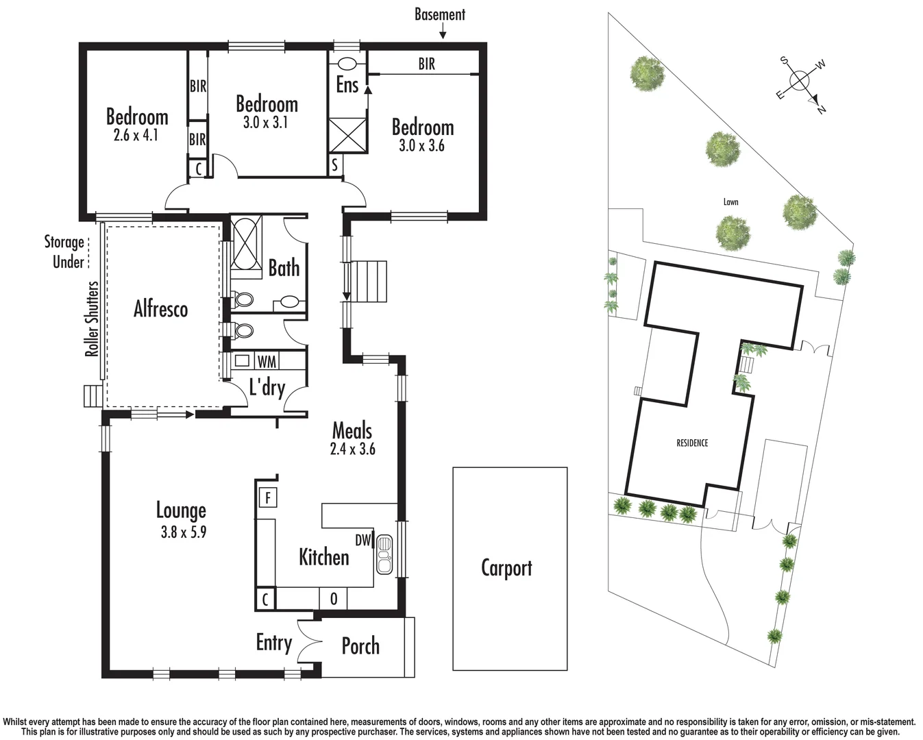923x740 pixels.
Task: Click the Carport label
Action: [x=506, y=568]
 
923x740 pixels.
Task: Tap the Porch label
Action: [x=360, y=646]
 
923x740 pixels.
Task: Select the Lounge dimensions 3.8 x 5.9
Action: [x=183, y=532]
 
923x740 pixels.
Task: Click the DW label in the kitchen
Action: [x=362, y=540]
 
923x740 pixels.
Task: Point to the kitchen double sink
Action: [x=384, y=554]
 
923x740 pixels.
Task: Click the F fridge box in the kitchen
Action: [x=267, y=497]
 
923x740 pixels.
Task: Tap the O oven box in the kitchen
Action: [x=334, y=599]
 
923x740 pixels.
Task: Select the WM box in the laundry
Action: [x=267, y=361]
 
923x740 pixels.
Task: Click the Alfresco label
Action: [x=160, y=309]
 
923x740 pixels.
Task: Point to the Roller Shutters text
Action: [x=92, y=319]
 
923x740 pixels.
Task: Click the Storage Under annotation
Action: [x=65, y=251]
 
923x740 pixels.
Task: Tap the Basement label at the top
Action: [x=439, y=14]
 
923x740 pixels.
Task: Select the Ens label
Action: [x=347, y=85]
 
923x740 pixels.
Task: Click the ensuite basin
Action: [x=347, y=64]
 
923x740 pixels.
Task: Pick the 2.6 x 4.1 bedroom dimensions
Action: [x=136, y=135]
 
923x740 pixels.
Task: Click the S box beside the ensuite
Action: [x=334, y=165]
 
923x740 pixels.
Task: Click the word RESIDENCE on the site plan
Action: [x=692, y=443]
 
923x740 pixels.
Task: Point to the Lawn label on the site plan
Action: [x=730, y=202]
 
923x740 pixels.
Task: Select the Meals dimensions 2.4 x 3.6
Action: [x=352, y=449]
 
